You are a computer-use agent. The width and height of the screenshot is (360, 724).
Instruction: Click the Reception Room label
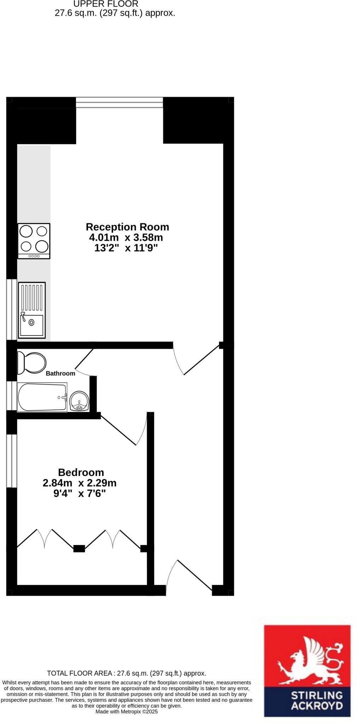click(x=127, y=227)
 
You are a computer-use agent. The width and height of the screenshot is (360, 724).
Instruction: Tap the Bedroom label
click(x=81, y=472)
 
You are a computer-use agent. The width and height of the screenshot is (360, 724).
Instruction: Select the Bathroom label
click(x=60, y=373)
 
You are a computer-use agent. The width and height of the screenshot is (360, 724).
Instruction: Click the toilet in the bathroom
click(x=32, y=363)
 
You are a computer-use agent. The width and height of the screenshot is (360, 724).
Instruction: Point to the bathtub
click(x=42, y=397)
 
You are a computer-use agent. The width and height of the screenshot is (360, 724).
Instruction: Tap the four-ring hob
click(x=34, y=240)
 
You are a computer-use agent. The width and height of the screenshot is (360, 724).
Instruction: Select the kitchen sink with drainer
click(x=32, y=310)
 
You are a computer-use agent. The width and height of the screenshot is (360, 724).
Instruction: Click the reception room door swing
click(x=197, y=361)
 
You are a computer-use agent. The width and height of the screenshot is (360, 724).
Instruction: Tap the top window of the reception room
click(x=120, y=103)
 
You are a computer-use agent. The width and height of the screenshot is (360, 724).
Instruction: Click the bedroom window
click(x=12, y=460)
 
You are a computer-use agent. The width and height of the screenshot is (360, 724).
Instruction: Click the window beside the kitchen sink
click(x=12, y=309)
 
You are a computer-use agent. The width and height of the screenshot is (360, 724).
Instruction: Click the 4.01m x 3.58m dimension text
click(x=126, y=237)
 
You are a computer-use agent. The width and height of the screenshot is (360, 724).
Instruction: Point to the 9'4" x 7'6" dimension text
click(x=80, y=494)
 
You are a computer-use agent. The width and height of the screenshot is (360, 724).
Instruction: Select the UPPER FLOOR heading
click(x=106, y=4)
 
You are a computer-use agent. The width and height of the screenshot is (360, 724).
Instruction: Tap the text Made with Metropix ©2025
click(x=127, y=712)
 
